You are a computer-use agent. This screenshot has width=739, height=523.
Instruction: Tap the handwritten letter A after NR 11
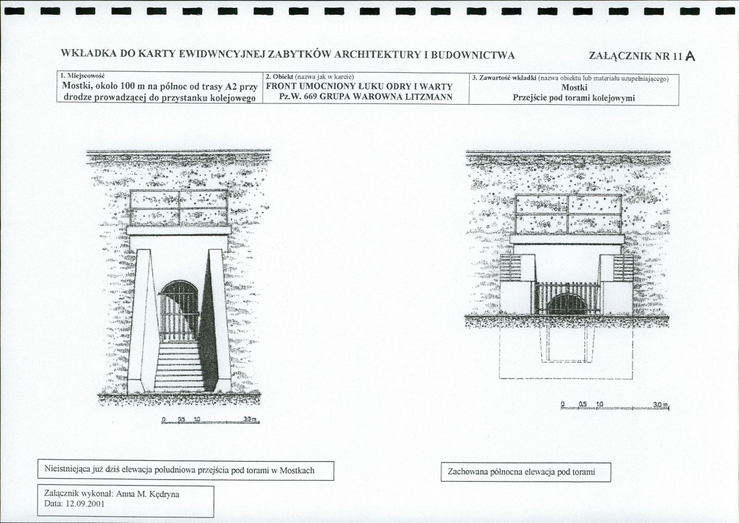690,57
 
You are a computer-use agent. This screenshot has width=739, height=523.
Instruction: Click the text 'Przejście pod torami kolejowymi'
574,98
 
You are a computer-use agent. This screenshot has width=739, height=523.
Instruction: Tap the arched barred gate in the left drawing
179,311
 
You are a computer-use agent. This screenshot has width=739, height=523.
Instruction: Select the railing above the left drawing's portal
179,208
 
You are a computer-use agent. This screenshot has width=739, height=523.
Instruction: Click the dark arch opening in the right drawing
568,303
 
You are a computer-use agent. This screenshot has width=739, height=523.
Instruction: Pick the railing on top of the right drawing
568,214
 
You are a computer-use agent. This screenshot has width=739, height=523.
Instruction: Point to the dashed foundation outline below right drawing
566,354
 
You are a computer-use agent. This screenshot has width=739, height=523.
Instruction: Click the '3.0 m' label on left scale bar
250,419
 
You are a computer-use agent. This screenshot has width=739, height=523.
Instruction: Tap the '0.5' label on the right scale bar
582,404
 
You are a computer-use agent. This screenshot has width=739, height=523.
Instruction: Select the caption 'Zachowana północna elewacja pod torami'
521,472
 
